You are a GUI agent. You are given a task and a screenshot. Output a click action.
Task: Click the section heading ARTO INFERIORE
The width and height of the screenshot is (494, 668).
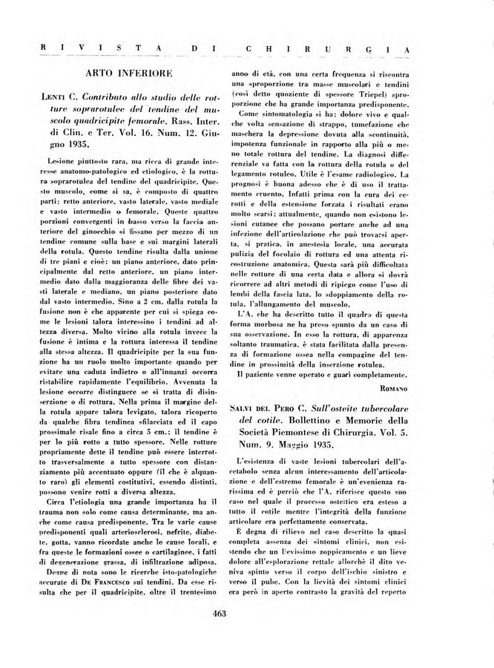tap(129, 73)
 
